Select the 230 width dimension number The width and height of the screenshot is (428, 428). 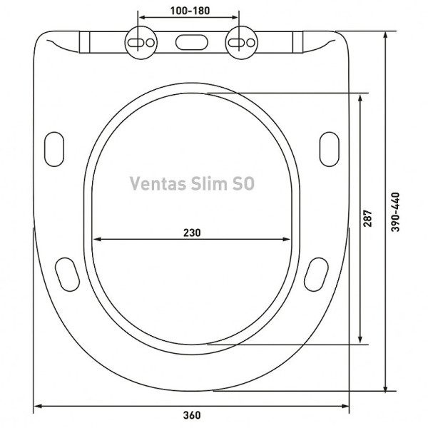[x=191, y=232]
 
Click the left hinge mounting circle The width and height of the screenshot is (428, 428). [x=140, y=43]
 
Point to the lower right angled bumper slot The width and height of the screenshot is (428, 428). [x=315, y=272]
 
